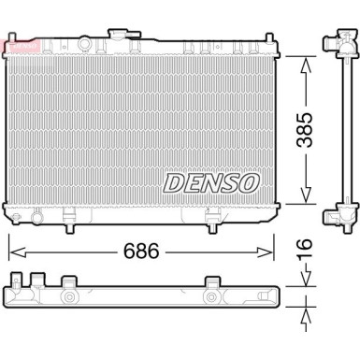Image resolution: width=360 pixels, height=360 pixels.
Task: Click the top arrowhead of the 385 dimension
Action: (303, 60)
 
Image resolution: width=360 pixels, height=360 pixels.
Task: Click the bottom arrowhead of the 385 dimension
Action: (303, 199)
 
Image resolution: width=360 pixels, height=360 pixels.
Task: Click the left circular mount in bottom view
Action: (69, 297)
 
